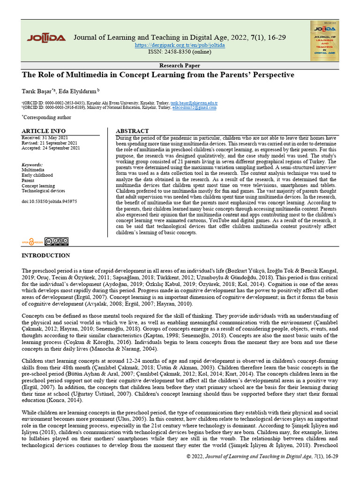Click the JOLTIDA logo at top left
tap(46, 38)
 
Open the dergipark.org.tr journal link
tap(180, 45)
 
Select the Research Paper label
tap(180, 66)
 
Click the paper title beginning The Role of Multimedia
tap(158, 75)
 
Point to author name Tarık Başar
tap(37, 90)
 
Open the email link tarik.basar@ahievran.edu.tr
tap(194, 102)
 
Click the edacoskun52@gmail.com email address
tap(195, 107)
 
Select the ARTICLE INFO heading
tap(44, 131)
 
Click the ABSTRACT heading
tap(132, 131)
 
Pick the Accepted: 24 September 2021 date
tap(51, 148)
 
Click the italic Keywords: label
tap(32, 165)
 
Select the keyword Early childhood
tap(38, 175)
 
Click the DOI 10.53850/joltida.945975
tap(49, 201)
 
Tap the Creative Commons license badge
tap(57, 241)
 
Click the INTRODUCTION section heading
tap(46, 255)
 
